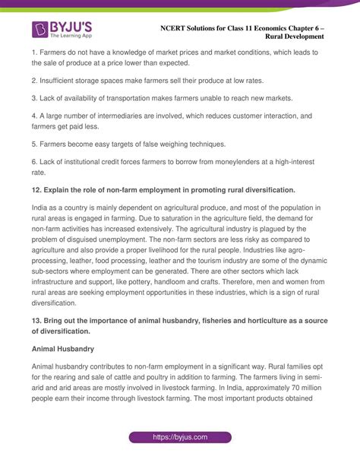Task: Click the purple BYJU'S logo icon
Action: (x=40, y=30)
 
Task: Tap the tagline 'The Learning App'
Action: (x=73, y=36)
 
